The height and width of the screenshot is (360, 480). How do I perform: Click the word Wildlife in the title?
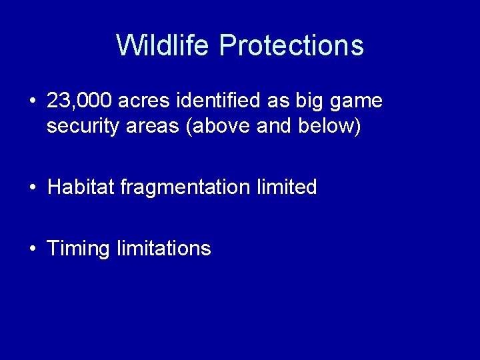[x=164, y=45]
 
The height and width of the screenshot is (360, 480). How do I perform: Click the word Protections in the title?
[x=291, y=45]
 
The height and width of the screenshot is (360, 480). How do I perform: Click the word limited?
[x=287, y=187]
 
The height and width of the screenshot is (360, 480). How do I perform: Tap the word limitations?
[x=163, y=249]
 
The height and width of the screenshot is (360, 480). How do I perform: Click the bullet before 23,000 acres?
[x=33, y=102]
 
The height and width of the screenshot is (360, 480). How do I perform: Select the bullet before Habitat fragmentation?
[x=33, y=188]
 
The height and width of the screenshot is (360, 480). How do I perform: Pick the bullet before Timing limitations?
[x=33, y=249]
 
